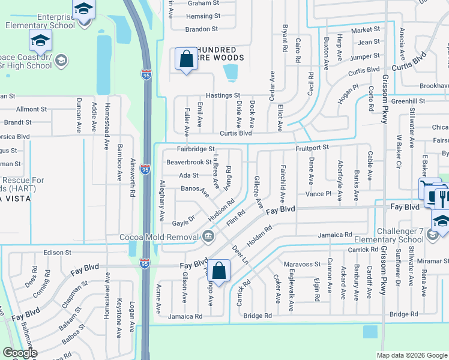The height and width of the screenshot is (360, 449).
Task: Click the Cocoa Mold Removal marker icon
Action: pyautogui.click(x=208, y=236)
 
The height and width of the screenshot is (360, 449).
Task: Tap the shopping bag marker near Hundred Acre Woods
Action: pyautogui.click(x=185, y=59)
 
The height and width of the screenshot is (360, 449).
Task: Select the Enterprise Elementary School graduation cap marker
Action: pyautogui.click(x=84, y=10)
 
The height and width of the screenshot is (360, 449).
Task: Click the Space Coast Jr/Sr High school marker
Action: pyautogui.click(x=40, y=41)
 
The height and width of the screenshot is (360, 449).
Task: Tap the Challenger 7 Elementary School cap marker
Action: pyautogui.click(x=442, y=222)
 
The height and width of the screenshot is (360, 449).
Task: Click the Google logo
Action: pyautogui.click(x=20, y=353)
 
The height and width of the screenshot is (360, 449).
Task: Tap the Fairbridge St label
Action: pyautogui.click(x=195, y=149)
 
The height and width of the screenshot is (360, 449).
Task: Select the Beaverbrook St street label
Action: pyautogui.click(x=189, y=162)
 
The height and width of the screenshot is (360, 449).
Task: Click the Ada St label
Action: pyautogui.click(x=188, y=175)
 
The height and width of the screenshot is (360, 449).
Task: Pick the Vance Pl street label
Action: pyautogui.click(x=318, y=194)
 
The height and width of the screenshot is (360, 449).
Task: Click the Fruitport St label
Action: pyautogui.click(x=312, y=147)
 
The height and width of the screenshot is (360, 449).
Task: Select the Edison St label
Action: pyautogui.click(x=57, y=253)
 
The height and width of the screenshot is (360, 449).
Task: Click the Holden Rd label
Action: pyautogui.click(x=260, y=236)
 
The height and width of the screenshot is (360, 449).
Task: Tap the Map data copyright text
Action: pyautogui.click(x=411, y=355)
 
